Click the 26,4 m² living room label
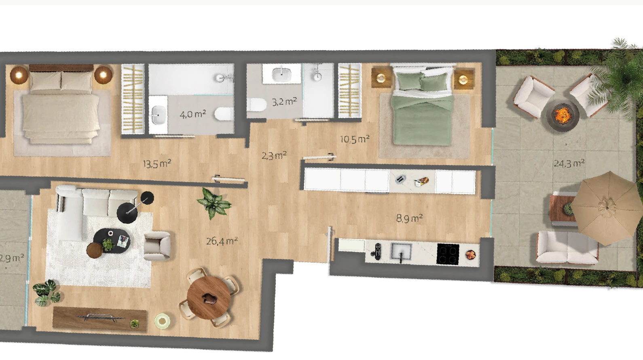coord(222,241)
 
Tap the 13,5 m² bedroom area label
coord(157,164)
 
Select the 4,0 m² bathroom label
coord(193,114)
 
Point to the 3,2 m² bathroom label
coord(284,102)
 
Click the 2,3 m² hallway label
coord(274,156)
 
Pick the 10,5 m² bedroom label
coord(355,139)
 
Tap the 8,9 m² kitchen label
coord(409,218)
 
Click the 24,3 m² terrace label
coord(569,164)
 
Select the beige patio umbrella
coord(606,208)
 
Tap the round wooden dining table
coord(209,297)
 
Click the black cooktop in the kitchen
coord(448,254)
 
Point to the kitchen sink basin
coord(402,252)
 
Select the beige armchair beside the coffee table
coord(157,246)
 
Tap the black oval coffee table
coord(112,241)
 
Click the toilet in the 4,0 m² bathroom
coord(224,114)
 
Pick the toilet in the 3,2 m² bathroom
coord(257,105)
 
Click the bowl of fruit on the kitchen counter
coord(470,255)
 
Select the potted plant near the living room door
coord(214,203)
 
